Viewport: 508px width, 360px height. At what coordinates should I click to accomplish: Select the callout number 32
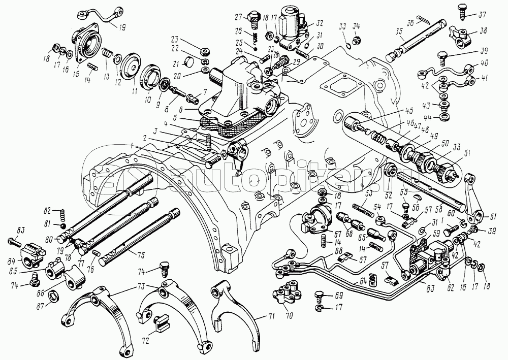pyautogui.click(x=319, y=23)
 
